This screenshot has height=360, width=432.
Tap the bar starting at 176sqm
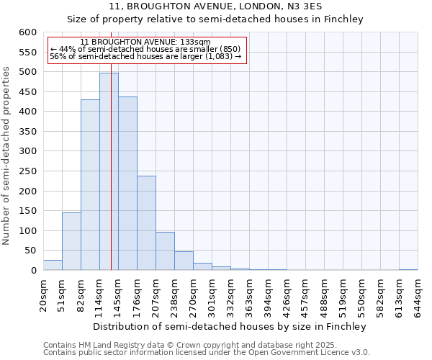(x=146, y=223)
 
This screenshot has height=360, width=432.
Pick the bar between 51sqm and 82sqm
(x=71, y=241)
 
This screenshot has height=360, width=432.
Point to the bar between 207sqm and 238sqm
(x=165, y=251)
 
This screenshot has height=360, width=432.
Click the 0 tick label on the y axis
(x=33, y=271)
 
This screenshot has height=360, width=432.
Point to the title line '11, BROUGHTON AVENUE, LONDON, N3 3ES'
(x=215, y=6)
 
